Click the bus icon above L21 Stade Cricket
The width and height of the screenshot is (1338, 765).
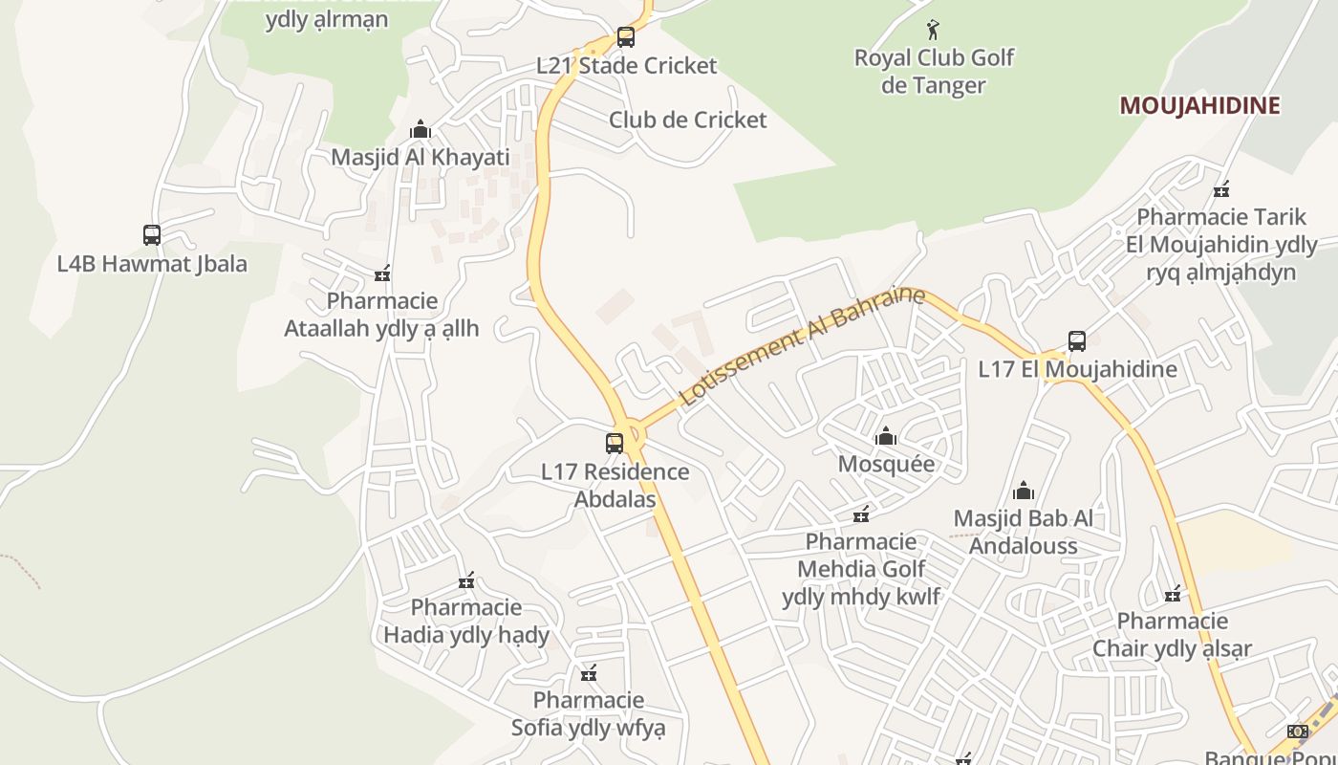coord(625,37)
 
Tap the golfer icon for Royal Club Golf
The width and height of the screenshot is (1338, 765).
coord(934,30)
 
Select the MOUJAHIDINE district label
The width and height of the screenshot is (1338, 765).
coord(1199,105)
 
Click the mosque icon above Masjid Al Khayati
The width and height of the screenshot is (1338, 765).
coord(420,129)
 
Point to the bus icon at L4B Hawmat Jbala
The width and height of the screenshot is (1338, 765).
coord(151,234)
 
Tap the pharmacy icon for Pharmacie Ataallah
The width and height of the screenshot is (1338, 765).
coord(382,274)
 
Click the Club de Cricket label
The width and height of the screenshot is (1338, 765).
coord(687,120)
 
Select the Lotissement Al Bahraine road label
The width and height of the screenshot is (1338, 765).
coord(802,346)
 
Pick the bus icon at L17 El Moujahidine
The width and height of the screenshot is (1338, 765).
coord(1077,341)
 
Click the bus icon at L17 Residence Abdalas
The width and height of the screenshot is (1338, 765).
coord(615,444)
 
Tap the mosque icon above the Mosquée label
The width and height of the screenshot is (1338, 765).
coord(886,437)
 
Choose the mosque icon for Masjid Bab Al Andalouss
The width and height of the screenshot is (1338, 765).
coord(1024,492)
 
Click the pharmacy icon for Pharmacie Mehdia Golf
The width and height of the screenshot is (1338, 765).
coord(861,514)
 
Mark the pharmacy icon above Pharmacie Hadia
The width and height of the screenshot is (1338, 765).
coord(466,580)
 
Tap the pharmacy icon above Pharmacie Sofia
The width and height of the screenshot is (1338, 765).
coord(589,673)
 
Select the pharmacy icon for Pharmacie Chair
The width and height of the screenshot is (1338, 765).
coord(1173,594)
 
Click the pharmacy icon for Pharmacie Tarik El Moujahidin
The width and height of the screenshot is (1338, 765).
coord(1220,188)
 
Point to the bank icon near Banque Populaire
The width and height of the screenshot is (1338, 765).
coord(1297,732)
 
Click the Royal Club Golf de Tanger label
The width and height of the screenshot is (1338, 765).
coord(934,72)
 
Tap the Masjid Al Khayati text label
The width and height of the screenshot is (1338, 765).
coord(421,157)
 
